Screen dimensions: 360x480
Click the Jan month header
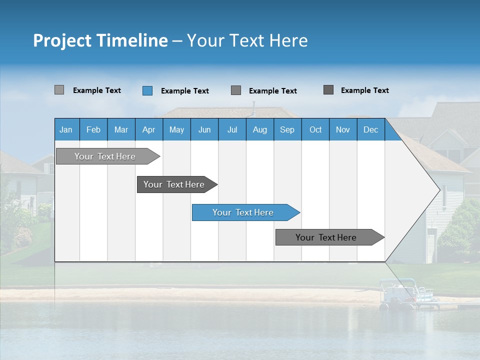coord(66,129)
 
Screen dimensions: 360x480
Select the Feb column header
coord(93,129)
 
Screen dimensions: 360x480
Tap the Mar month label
coord(121,129)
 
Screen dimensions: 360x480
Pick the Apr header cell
coord(149,129)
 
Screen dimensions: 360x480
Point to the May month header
coord(176,129)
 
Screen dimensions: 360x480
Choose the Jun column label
coord(204,129)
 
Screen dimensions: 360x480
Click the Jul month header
coord(232,129)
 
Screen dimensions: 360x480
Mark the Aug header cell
coord(260,129)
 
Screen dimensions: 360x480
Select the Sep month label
coord(287,129)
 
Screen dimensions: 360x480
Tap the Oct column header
coord(315,129)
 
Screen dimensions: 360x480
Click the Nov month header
coord(343,129)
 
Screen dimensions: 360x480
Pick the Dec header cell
coord(371,129)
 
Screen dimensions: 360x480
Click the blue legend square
coord(147,90)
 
